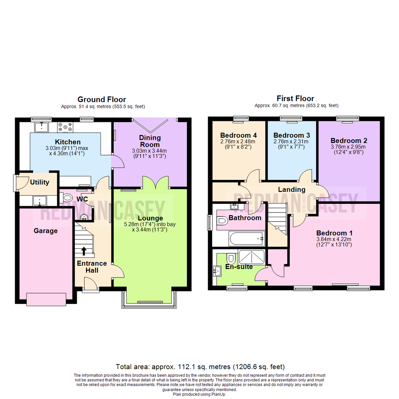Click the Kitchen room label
point(68,142)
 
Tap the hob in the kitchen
point(65,127)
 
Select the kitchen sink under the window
point(41,127)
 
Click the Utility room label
point(40,182)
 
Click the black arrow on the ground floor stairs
point(84,251)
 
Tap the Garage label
point(45,231)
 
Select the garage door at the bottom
point(47,299)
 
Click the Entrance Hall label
point(92,267)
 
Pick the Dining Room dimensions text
point(150,153)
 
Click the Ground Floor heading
point(102,99)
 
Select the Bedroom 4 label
point(238,135)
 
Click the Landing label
point(291,190)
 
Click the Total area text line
point(200,366)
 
